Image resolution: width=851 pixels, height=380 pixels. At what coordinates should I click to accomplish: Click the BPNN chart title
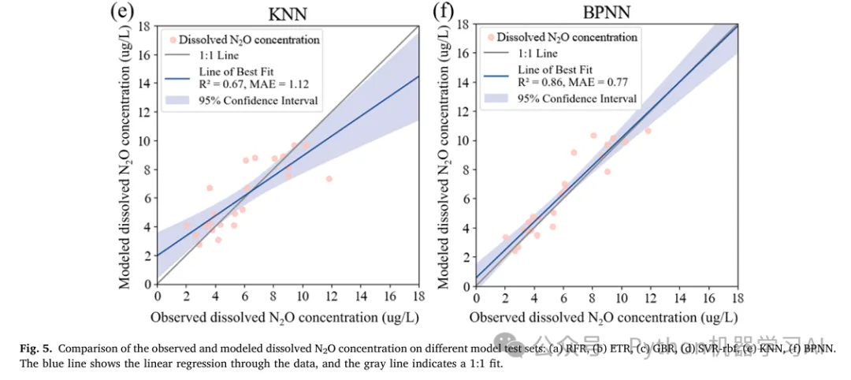pos(605,12)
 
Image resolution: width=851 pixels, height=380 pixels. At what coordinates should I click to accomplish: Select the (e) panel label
pos(121,12)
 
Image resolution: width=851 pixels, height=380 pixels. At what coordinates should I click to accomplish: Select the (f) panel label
pos(444,12)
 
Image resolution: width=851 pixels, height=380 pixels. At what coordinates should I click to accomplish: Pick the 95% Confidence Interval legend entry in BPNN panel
pos(577,99)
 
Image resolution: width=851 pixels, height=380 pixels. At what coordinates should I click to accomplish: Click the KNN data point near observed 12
pos(329,179)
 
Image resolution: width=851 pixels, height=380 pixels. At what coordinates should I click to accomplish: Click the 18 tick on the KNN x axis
pos(418,297)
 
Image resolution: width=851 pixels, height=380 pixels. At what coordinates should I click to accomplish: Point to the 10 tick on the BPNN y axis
pos(463,140)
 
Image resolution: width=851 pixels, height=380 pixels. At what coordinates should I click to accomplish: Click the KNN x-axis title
pos(288,317)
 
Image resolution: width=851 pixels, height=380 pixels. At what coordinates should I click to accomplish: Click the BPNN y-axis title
pos(443,155)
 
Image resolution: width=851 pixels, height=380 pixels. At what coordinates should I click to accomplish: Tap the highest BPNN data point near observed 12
pos(648,131)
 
